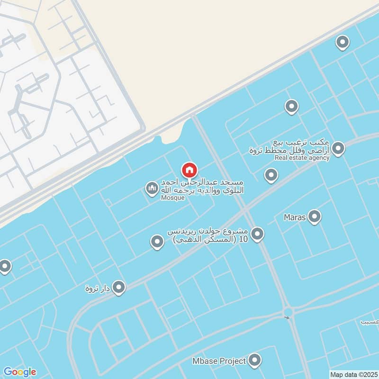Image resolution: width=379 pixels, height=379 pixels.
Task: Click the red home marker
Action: pos(189,170)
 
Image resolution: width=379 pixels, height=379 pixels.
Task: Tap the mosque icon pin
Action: pos(152,189)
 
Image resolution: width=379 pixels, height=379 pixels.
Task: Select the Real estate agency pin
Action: pos(338,149)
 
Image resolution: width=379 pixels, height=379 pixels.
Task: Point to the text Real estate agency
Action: pos(302,158)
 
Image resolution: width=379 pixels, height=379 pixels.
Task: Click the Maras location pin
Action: pos(314,217)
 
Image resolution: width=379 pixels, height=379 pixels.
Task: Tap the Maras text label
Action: pos(294,218)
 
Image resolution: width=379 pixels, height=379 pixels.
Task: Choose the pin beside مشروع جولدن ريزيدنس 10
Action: pos(257,234)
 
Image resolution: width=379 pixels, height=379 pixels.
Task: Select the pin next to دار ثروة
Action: pos(119,287)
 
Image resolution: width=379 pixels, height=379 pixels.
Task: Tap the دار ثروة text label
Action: pos(98,288)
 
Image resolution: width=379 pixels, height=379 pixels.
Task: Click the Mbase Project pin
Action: pos(255,361)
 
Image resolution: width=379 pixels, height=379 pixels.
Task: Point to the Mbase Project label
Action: pos(219,361)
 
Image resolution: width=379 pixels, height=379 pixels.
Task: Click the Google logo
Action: pos(19,371)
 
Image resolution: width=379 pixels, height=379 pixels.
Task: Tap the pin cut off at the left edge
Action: pos(5,266)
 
